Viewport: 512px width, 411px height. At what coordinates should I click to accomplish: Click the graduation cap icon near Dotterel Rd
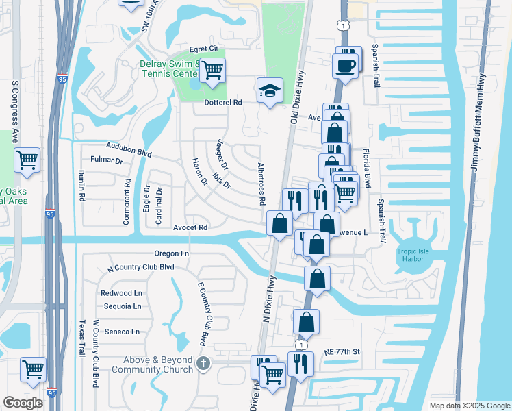(270, 90)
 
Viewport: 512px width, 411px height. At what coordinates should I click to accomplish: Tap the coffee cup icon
(344, 66)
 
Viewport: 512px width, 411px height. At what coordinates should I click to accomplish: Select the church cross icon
(203, 363)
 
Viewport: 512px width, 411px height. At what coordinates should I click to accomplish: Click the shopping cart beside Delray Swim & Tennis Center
(213, 69)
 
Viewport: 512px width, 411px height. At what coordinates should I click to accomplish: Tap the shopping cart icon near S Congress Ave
(27, 160)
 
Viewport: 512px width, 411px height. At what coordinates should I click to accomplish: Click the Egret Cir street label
(203, 49)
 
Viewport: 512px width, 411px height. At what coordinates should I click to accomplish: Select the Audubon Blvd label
(128, 149)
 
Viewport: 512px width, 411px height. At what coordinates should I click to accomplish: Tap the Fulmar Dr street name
(106, 162)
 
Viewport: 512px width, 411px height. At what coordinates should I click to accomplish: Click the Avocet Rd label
(190, 227)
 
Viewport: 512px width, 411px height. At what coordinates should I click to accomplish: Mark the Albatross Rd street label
(261, 184)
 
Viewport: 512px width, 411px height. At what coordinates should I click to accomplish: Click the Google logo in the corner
(23, 403)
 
